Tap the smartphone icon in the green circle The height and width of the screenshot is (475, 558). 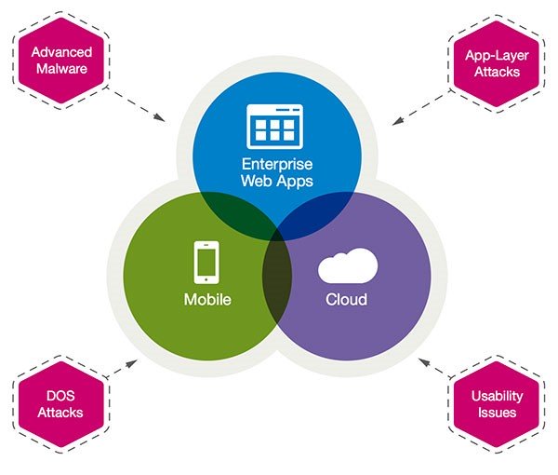206,262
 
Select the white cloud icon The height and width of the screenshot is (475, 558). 347,267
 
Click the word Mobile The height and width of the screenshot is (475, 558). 207,300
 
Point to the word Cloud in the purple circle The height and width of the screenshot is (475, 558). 346,300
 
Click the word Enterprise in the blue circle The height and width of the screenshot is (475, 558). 275,164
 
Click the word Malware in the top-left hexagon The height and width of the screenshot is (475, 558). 62,68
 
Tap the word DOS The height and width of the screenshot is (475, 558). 60,396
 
